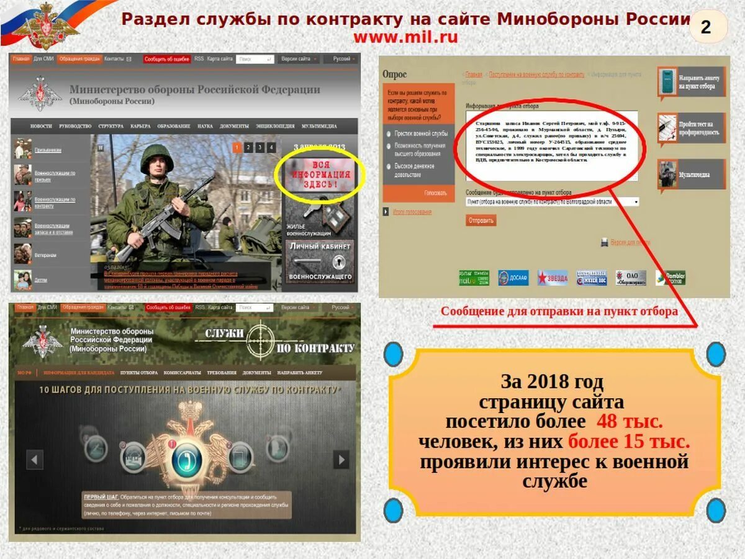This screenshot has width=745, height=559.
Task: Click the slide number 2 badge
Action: click(x=707, y=27)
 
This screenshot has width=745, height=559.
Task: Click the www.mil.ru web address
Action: click(x=405, y=37)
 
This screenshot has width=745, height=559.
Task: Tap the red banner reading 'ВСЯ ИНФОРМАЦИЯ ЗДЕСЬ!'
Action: click(x=320, y=176)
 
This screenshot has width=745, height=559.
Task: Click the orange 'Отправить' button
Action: click(x=481, y=220)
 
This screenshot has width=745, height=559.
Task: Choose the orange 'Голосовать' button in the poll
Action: click(x=435, y=193)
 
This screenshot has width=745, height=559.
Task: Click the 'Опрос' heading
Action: click(x=395, y=75)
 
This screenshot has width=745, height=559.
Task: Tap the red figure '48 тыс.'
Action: click(x=630, y=422)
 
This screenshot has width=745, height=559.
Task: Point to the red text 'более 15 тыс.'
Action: click(x=629, y=442)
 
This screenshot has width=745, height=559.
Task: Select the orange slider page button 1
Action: click(x=237, y=147)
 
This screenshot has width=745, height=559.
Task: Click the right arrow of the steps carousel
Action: click(x=341, y=460)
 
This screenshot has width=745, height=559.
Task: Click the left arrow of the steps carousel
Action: click(x=35, y=460)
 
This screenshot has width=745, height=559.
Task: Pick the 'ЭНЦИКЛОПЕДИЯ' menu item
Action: click(x=275, y=126)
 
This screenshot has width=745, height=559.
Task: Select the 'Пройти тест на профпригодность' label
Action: click(x=700, y=128)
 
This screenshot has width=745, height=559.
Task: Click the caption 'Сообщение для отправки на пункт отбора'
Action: click(x=559, y=312)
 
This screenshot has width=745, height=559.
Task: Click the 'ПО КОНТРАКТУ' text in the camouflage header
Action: click(x=316, y=348)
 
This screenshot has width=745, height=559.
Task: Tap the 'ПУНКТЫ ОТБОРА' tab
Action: click(x=139, y=373)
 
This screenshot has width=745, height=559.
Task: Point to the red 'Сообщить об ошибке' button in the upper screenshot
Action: click(x=167, y=59)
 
